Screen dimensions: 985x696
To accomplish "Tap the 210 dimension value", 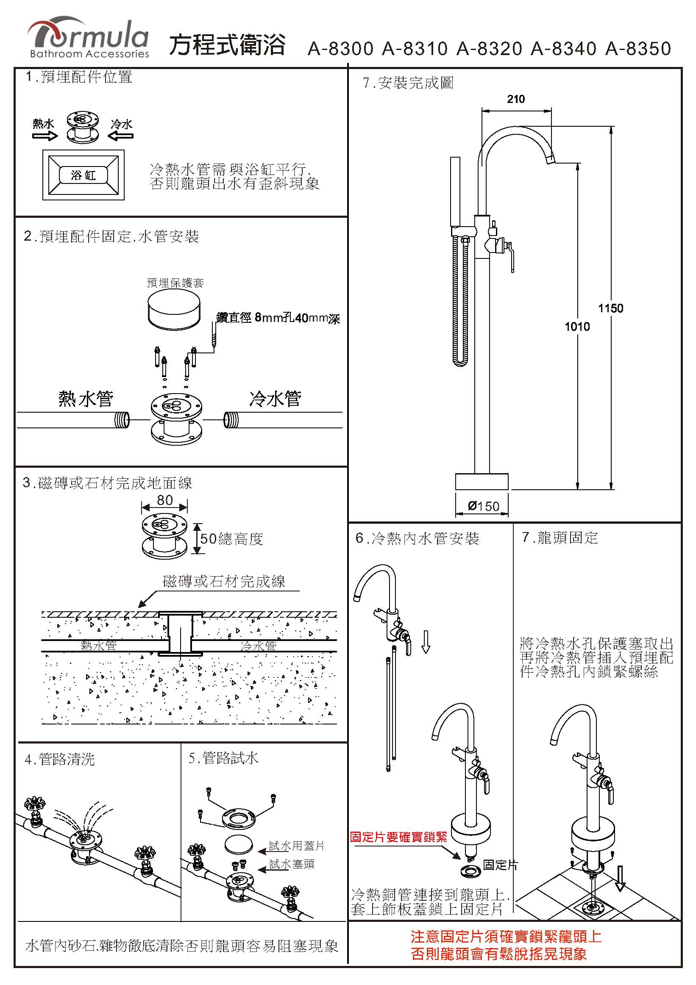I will coord(515,99).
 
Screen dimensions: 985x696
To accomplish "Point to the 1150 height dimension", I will coord(610,308).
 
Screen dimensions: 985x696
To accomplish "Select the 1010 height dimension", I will coord(577,327).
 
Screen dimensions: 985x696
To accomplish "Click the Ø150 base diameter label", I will coord(484,506).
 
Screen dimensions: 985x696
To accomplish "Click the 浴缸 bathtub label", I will coord(83,175).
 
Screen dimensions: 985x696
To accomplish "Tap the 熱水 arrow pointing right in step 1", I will coord(45,136).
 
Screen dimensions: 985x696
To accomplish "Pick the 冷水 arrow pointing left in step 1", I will coord(120,136).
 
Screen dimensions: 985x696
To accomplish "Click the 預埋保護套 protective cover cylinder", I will coord(175,310).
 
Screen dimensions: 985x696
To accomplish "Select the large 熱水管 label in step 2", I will coord(86,399).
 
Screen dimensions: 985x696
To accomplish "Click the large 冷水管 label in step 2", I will coord(275,399).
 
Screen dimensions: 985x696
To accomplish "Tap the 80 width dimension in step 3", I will coord(165,500).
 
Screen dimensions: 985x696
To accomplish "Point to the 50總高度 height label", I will coord(231,539).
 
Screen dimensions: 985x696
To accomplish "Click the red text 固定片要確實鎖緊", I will coord(398,837).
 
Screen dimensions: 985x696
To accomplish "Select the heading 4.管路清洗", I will coord(60,759).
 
